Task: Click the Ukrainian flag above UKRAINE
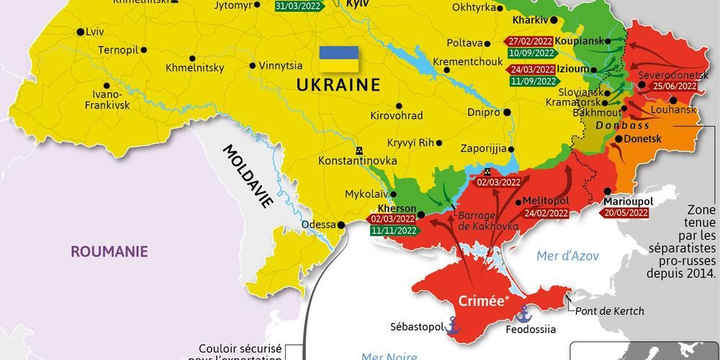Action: (x=338, y=59)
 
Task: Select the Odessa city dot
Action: (x=342, y=225)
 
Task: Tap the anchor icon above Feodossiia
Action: (x=525, y=313)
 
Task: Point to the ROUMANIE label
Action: (x=109, y=251)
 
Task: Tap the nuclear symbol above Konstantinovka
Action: (x=358, y=150)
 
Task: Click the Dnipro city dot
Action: (x=508, y=112)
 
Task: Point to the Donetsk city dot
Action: (x=618, y=138)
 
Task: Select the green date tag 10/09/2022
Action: (x=531, y=53)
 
